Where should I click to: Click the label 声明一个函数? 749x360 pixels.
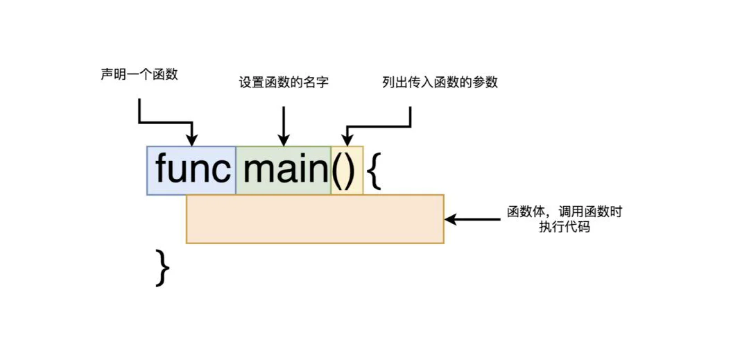(x=139, y=74)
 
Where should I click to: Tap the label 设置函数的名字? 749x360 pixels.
(x=284, y=83)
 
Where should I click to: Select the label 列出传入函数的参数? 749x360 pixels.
(x=440, y=83)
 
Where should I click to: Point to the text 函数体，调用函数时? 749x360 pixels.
(x=565, y=212)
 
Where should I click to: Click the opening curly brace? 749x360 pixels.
(x=374, y=171)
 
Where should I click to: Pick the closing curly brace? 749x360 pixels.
(x=162, y=268)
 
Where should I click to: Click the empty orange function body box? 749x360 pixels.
(x=315, y=219)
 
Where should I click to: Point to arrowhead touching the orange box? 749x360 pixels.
(x=450, y=219)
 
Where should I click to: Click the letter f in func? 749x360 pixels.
(x=162, y=169)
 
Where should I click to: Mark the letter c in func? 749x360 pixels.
(x=222, y=173)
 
